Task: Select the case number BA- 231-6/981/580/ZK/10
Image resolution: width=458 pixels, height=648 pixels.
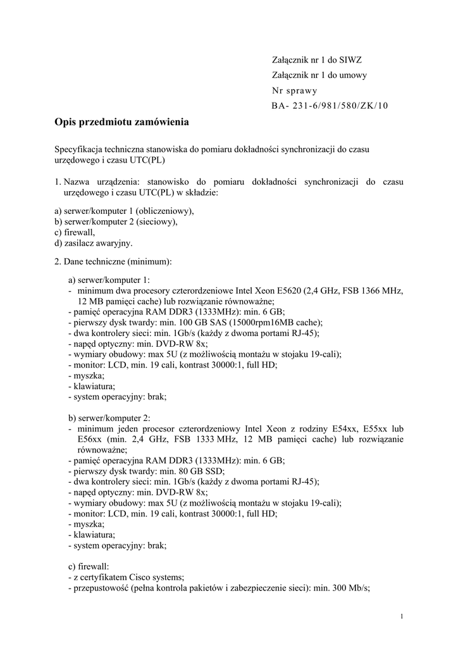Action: coord(330,106)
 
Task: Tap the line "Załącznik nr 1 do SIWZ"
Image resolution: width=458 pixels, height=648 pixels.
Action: coord(316,60)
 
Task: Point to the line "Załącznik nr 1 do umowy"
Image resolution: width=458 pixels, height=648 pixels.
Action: coord(319,75)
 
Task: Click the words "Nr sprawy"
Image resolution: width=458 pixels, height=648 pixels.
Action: coord(295,90)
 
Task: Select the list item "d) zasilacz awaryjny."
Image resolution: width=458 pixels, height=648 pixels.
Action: coord(94,242)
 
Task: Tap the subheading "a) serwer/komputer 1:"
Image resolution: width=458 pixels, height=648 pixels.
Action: coord(109,280)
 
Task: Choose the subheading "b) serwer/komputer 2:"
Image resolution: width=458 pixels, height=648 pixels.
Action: coord(109,418)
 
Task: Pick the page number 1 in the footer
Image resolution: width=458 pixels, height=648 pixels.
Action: coord(402,617)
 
